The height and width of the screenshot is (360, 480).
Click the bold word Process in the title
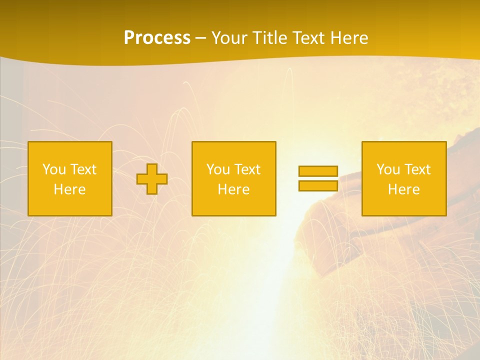click(x=157, y=38)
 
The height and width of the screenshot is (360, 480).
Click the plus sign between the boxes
click(x=152, y=179)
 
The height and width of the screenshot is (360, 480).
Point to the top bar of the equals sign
click(x=318, y=171)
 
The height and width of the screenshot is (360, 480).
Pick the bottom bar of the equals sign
click(x=318, y=185)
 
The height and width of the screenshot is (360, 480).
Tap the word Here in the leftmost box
click(x=69, y=189)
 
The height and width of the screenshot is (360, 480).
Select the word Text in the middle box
click(x=247, y=169)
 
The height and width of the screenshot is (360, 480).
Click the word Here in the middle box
click(x=233, y=189)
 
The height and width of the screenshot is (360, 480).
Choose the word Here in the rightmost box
click(x=403, y=189)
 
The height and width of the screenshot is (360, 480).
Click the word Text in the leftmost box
click(x=83, y=169)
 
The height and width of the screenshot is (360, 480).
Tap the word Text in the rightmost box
click(x=417, y=169)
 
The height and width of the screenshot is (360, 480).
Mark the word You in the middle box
click(x=218, y=169)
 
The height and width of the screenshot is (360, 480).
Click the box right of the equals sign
click(x=404, y=179)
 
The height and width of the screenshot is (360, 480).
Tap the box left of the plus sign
click(x=70, y=179)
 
